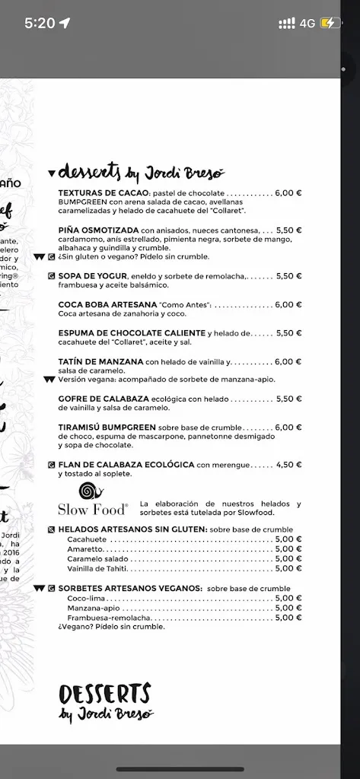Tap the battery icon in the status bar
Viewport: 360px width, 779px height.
[x=332, y=23]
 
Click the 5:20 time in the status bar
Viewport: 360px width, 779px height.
[x=40, y=23]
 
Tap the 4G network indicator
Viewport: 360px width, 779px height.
[x=307, y=23]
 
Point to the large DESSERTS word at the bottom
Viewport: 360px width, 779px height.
[x=104, y=694]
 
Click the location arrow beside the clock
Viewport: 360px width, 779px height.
[x=64, y=23]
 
